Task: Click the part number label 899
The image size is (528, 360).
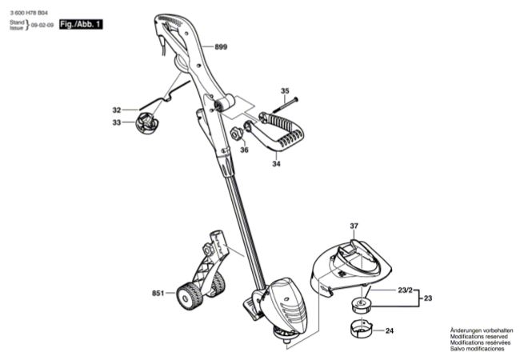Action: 221,48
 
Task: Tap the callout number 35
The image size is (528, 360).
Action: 285,90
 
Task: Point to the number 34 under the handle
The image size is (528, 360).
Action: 276,165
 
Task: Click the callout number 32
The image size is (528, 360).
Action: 117,110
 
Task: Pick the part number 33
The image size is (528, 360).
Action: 117,122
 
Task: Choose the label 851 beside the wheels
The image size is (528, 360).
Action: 158,294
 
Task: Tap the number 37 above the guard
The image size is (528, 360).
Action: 354,226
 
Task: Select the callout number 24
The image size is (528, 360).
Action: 390,330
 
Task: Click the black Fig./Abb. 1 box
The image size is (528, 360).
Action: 81,26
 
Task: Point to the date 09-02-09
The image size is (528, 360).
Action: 42,26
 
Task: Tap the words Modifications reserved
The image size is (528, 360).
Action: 478,336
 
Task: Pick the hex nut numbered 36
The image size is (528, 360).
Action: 237,132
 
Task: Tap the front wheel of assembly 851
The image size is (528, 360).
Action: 189,298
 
